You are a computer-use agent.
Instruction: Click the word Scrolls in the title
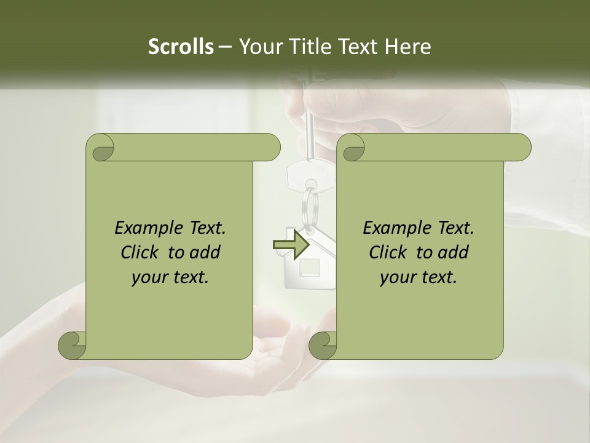tap(181, 47)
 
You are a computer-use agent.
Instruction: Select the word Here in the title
tap(407, 47)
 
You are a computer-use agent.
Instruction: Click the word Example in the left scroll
tap(143, 228)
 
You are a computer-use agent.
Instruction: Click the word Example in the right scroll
tap(391, 228)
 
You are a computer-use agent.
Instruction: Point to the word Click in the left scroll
tap(141, 252)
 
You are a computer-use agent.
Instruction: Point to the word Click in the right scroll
tap(390, 252)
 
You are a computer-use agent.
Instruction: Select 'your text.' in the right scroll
tap(419, 277)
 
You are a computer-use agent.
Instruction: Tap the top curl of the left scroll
tap(100, 148)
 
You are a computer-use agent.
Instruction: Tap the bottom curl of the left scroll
tap(73, 345)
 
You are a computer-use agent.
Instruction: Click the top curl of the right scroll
tap(350, 148)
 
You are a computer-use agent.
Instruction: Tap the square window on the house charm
tap(309, 267)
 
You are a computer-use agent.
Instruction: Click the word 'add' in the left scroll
tap(205, 252)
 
